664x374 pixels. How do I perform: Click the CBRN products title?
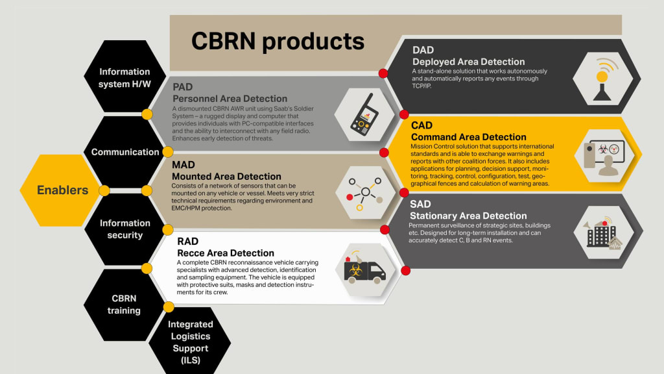pos(278,42)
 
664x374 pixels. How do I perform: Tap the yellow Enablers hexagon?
pos(62,190)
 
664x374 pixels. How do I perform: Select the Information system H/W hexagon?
pos(124,77)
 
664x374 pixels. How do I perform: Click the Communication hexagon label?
pos(125,152)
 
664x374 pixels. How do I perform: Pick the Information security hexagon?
pos(124,229)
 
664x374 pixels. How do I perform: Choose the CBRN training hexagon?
pos(124,305)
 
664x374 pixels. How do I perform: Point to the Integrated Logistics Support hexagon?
pos(190,342)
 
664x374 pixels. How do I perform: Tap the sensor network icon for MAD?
pos(365,192)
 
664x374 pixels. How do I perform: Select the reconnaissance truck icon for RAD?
pos(365,268)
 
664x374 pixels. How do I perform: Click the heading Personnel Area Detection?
pos(230,99)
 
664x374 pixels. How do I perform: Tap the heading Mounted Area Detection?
pos(226,177)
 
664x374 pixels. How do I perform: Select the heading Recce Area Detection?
pos(225,253)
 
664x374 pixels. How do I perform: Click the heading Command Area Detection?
pos(468,137)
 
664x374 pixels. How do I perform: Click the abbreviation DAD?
pos(423,49)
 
